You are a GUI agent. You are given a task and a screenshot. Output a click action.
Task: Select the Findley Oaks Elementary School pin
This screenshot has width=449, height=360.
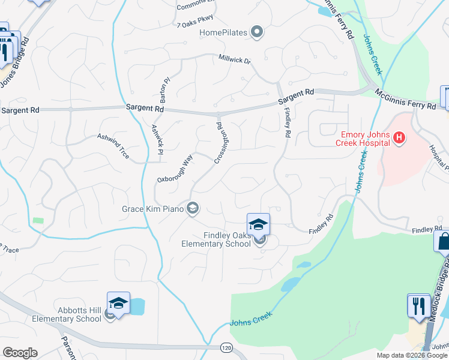click(259, 226)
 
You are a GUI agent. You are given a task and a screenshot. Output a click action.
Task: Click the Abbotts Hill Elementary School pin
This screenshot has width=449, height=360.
click(118, 304)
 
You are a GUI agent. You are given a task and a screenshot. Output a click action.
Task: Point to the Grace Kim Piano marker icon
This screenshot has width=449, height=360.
click(193, 209)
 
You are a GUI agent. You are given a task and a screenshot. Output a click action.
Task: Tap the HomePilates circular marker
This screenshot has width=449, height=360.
click(257, 32)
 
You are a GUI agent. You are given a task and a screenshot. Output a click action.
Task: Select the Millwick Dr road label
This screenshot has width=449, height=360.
click(234, 61)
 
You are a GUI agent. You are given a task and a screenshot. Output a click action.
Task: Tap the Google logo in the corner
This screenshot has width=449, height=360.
click(20, 353)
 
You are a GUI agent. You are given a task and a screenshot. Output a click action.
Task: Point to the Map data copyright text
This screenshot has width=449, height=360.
click(412, 355)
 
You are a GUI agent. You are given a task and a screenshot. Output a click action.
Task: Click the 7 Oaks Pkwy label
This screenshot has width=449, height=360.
click(192, 25)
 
